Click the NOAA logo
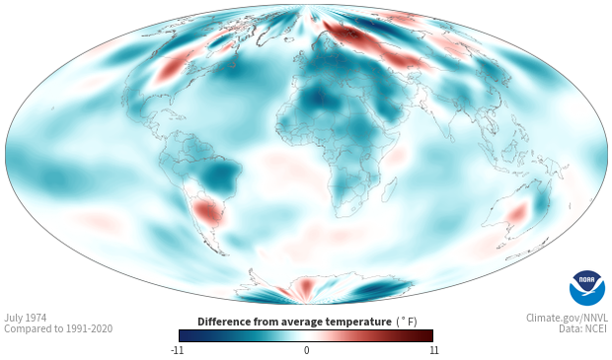[x=587, y=288]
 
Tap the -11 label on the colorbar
[x=178, y=350]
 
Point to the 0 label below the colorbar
[x=306, y=350]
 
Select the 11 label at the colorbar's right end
[x=433, y=350]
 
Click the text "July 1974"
[x=26, y=318]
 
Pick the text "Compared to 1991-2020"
[x=58, y=328]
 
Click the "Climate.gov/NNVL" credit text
[x=567, y=318]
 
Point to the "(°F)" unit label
[x=407, y=322]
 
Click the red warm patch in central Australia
[x=517, y=213]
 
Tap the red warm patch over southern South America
[x=207, y=212]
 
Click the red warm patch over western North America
[x=170, y=69]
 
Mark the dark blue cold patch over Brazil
[x=220, y=176]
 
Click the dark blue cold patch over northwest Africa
[x=318, y=100]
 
